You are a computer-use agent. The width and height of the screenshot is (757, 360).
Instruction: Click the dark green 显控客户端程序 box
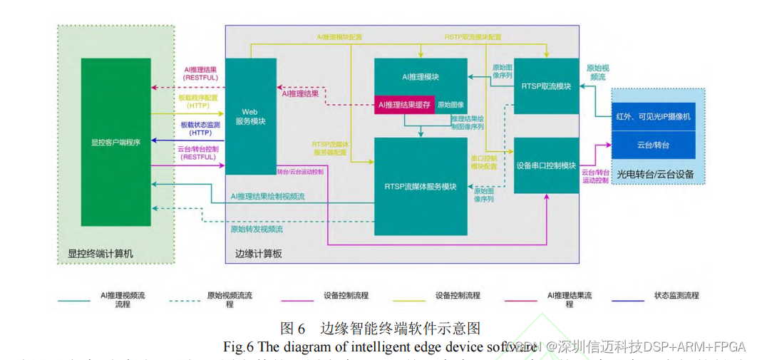tap(115, 142)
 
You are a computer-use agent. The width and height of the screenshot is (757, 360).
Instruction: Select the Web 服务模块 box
tap(250, 116)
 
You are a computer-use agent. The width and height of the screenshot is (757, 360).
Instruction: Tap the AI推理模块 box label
tap(421, 77)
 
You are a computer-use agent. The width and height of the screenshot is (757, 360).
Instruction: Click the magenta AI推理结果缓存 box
tap(404, 105)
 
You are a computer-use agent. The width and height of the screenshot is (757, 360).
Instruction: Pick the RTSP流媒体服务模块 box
tap(421, 187)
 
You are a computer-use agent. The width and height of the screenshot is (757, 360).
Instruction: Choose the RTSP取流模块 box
tap(546, 86)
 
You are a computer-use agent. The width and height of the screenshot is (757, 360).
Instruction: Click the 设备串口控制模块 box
tap(546, 165)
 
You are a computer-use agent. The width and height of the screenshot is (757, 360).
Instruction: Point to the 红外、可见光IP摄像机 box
tap(653, 116)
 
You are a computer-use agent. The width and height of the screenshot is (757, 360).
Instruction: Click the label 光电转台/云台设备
tap(655, 174)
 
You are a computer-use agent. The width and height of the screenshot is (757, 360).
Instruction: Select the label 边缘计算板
tap(259, 253)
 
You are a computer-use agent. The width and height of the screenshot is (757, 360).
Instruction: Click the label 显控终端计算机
tap(101, 253)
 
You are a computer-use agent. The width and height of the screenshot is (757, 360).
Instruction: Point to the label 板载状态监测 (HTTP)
tap(200, 128)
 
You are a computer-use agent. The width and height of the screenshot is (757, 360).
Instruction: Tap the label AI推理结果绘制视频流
tap(267, 196)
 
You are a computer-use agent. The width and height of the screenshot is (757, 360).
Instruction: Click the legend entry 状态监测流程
tap(676, 295)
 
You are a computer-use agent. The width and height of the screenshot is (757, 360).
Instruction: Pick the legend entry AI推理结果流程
tap(570, 299)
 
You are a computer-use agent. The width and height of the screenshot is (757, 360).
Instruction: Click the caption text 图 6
tap(293, 329)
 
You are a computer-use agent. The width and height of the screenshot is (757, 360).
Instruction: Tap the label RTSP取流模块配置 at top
tap(473, 37)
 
